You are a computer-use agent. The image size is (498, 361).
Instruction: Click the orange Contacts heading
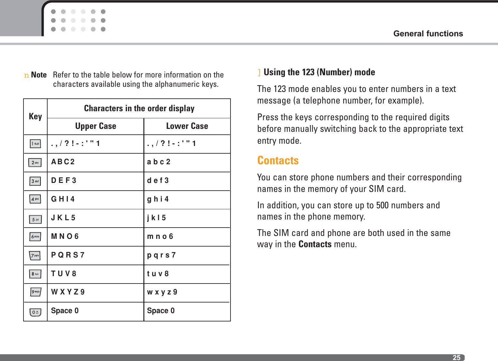tap(278, 160)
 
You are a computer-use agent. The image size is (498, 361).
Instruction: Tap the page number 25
tap(456, 357)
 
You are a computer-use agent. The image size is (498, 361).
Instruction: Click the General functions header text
tap(428, 34)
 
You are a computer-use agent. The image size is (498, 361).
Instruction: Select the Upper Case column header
tap(95, 126)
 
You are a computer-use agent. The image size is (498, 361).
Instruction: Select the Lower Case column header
tap(187, 126)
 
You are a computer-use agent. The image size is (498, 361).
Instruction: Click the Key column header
tap(35, 116)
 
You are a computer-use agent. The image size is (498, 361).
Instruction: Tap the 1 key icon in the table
tap(35, 144)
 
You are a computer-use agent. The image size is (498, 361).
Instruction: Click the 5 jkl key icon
tap(35, 220)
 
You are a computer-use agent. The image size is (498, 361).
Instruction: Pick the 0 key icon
tap(35, 312)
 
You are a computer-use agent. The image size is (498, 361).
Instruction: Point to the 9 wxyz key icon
tap(35, 292)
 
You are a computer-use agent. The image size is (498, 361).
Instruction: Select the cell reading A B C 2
tap(63, 162)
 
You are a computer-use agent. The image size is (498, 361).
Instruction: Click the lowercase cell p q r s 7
tap(161, 255)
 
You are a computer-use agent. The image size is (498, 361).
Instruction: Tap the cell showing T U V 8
tap(64, 274)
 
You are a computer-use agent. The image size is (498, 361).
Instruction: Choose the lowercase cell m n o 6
tap(160, 237)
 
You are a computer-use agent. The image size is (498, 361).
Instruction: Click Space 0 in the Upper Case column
tap(65, 311)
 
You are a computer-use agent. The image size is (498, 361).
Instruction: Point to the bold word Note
tap(39, 75)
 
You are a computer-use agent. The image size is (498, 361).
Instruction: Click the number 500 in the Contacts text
tap(382, 205)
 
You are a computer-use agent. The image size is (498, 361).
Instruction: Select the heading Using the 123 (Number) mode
tap(319, 72)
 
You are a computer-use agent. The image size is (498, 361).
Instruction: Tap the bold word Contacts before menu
tap(315, 244)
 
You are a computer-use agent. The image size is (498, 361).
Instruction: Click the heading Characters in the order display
tap(139, 108)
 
